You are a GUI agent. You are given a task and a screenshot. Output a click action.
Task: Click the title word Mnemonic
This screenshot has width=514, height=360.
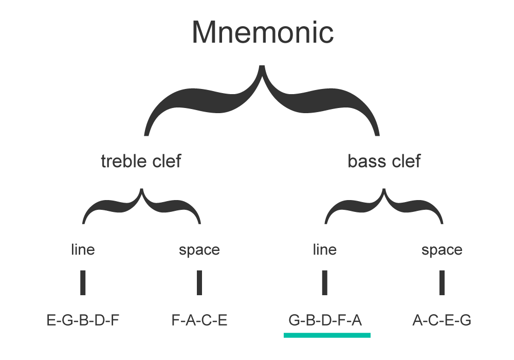coord(263,32)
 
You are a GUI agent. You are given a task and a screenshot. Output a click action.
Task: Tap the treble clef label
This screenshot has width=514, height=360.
coord(141,161)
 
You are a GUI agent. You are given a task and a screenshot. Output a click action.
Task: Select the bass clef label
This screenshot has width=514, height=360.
coord(384,161)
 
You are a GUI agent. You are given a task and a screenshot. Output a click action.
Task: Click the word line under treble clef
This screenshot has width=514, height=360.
coord(83,250)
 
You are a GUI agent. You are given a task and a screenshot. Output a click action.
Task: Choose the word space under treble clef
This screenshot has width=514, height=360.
coord(199,250)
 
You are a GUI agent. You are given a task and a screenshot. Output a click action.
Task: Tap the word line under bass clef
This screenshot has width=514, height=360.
coord(324,250)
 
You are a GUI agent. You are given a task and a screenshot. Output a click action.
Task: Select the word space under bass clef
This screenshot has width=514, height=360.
coord(442,250)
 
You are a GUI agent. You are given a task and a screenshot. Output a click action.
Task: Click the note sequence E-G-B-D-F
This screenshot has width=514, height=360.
coord(83,321)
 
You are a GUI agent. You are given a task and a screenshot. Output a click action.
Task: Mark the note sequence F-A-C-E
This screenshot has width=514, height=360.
coord(199,321)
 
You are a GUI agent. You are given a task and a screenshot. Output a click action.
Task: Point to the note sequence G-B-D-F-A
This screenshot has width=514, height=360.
coord(325,321)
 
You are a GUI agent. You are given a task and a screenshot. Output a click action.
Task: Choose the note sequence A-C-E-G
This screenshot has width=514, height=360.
coord(442,321)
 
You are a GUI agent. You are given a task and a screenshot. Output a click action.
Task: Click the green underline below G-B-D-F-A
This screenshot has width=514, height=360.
coord(327,335)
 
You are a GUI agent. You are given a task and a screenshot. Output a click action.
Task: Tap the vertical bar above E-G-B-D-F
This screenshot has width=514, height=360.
coord(83,282)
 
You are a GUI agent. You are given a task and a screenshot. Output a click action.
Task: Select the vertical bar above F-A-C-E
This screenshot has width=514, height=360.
coord(199,282)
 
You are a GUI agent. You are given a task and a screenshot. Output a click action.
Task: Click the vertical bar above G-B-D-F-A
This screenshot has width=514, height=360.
coord(324,282)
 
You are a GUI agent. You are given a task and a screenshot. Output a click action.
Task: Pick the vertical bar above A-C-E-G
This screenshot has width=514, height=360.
coord(442,282)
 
